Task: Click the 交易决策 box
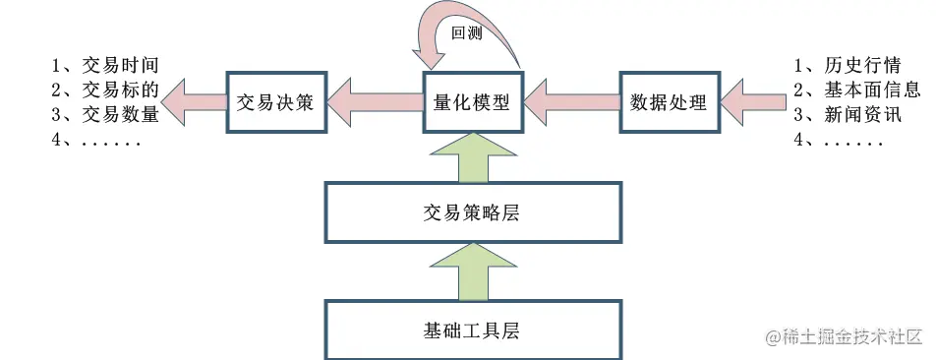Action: point(275,101)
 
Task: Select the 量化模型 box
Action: point(472,101)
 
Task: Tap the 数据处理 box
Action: point(669,101)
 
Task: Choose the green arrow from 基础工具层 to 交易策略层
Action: point(472,270)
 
